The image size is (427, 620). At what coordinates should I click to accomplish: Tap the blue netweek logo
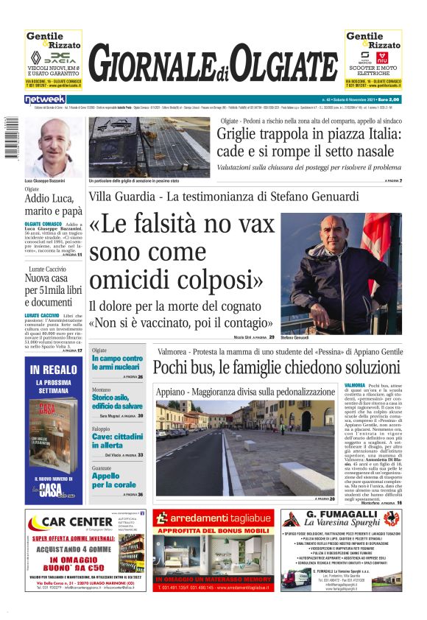tap(45, 99)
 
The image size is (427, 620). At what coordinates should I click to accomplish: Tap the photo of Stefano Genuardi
tap(341, 273)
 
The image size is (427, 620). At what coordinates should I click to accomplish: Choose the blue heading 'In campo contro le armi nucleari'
tap(117, 363)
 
